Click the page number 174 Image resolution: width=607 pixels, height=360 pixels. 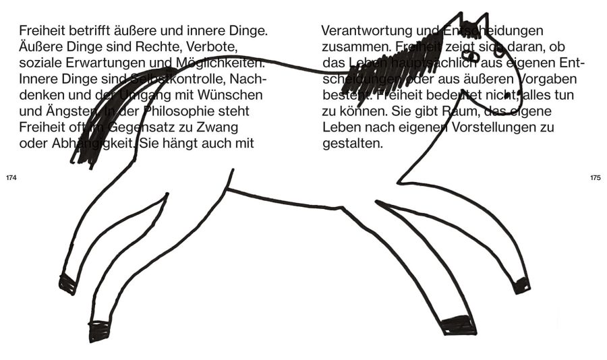click(10, 178)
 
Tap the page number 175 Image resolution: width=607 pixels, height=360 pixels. click(595, 178)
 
